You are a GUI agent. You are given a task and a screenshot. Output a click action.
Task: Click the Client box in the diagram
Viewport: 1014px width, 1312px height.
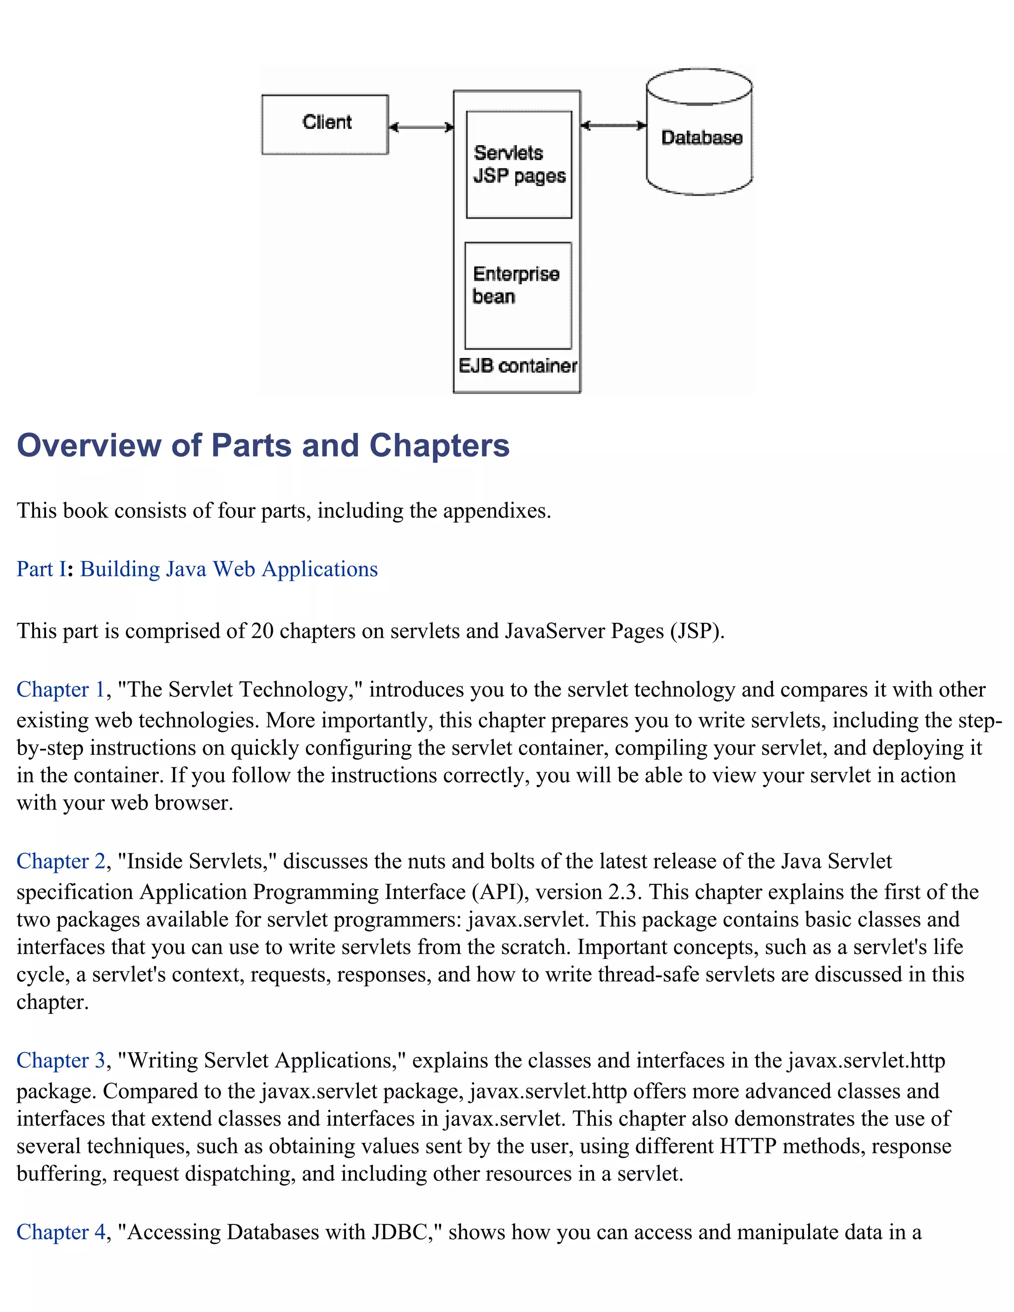coord(325,124)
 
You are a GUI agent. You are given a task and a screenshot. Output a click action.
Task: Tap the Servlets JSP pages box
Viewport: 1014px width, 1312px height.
coord(519,164)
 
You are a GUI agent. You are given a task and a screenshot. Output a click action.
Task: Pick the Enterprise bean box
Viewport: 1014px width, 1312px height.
coord(518,295)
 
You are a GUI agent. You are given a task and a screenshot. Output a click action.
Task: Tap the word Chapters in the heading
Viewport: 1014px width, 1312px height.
coord(439,446)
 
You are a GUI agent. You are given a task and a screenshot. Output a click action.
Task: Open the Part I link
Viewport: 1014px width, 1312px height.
coord(41,569)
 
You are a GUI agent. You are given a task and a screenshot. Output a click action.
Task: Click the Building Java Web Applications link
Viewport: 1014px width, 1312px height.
coord(229,569)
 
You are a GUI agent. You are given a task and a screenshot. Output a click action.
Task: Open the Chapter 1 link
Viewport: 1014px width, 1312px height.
coord(61,689)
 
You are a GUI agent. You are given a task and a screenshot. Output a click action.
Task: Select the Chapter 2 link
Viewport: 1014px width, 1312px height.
coord(61,861)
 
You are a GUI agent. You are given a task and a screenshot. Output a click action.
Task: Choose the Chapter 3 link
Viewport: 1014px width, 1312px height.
coord(61,1060)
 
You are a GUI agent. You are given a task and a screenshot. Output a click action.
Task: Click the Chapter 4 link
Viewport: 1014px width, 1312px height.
coord(61,1232)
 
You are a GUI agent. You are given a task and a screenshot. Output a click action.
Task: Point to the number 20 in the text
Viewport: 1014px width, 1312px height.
coord(262,631)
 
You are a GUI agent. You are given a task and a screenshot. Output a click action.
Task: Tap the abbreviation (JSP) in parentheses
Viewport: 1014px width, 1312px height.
coord(697,631)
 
